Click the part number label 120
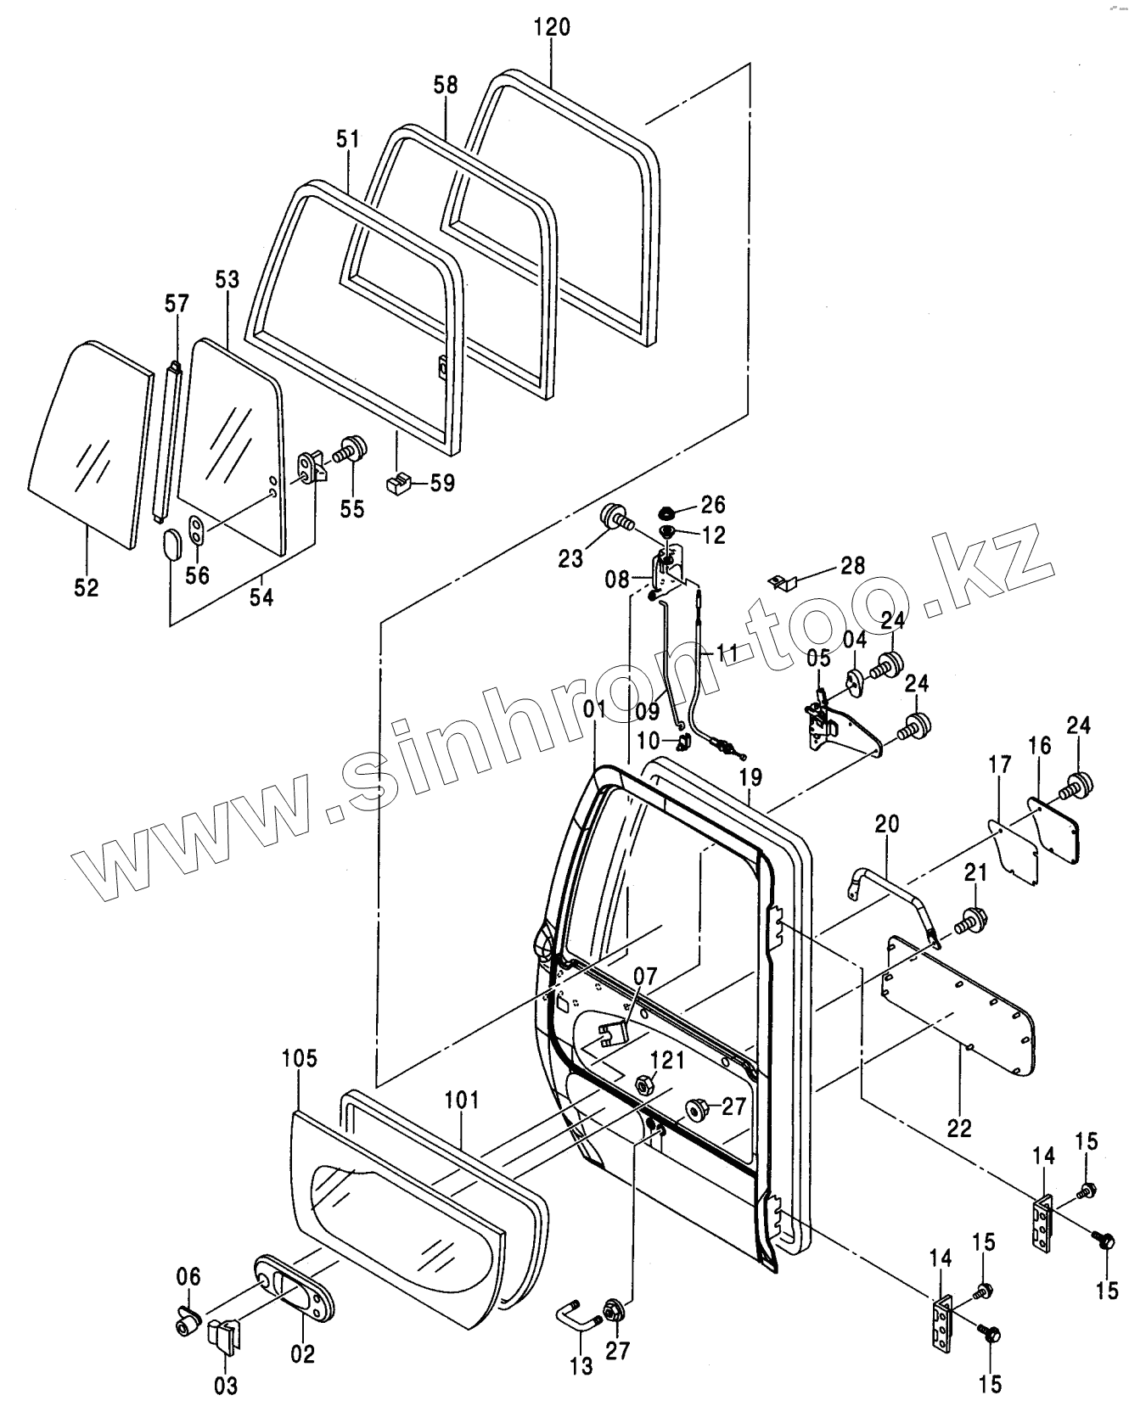(x=552, y=26)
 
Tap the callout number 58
(x=445, y=85)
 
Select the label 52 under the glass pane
(x=87, y=587)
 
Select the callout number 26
(x=712, y=505)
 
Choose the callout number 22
(x=960, y=1128)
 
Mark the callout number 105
(x=300, y=1058)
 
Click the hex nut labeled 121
(x=643, y=1084)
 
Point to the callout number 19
(x=750, y=777)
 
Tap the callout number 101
(x=463, y=1101)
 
